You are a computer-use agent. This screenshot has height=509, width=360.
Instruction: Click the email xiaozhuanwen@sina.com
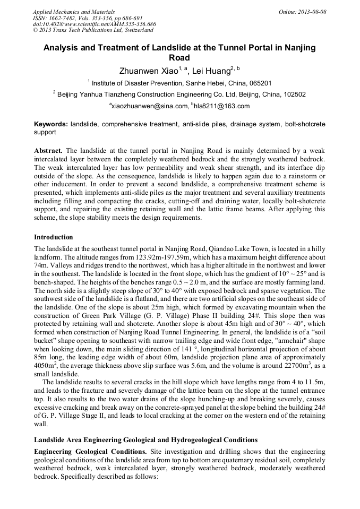click(149, 106)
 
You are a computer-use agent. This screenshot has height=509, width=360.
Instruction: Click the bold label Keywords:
click(51, 124)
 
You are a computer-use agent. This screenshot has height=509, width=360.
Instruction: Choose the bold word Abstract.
click(48, 151)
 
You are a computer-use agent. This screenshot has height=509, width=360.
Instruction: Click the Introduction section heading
click(54, 237)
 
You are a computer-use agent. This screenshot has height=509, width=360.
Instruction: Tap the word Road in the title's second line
click(179, 58)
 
